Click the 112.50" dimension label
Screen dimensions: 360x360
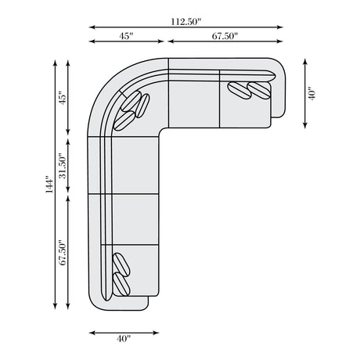[x=186, y=22]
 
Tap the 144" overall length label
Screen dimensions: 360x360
[x=49, y=185]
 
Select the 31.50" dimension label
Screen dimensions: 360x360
[x=63, y=166]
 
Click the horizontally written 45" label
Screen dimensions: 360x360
[x=126, y=36]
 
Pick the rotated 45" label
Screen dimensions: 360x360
[x=63, y=98]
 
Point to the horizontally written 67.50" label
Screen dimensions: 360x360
[x=225, y=36]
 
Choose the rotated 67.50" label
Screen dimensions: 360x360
[x=63, y=253]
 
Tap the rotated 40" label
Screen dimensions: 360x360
[x=311, y=93]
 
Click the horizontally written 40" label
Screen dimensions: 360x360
[x=124, y=339]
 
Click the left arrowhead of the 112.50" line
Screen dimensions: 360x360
[x=92, y=27]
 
